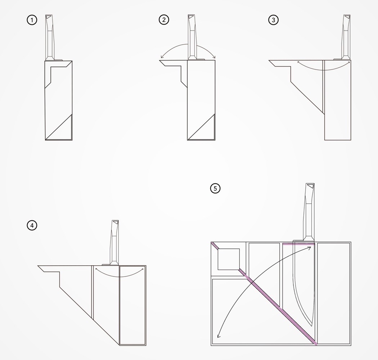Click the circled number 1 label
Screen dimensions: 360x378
[32, 20]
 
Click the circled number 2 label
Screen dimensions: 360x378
[164, 20]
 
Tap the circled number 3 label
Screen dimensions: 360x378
[273, 20]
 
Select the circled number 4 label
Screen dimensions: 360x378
[32, 226]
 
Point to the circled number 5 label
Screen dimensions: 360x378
[215, 188]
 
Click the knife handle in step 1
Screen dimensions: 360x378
[49, 36]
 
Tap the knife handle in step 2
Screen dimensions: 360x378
[192, 36]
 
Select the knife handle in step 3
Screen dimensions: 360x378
[346, 36]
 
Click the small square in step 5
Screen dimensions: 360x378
[229, 259]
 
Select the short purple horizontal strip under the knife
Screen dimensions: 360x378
[299, 244]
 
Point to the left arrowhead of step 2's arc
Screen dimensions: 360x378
[162, 57]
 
